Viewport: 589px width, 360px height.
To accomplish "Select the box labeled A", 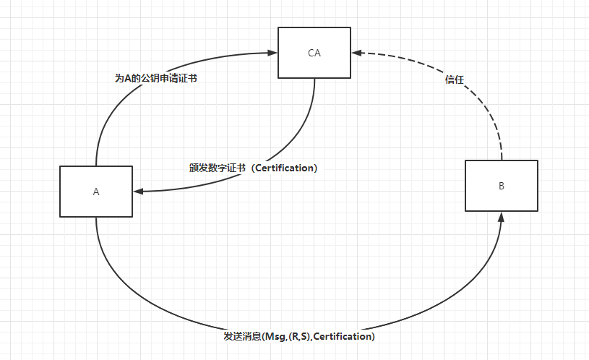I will [96, 206].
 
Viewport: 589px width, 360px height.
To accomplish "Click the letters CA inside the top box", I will [314, 53].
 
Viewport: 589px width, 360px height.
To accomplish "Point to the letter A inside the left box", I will [96, 192].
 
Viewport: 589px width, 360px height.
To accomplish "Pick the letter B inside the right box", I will [501, 186].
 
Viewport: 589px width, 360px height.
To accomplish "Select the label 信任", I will [455, 80].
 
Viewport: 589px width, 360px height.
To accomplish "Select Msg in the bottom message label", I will [275, 336].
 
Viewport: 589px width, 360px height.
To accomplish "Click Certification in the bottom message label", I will [343, 336].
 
